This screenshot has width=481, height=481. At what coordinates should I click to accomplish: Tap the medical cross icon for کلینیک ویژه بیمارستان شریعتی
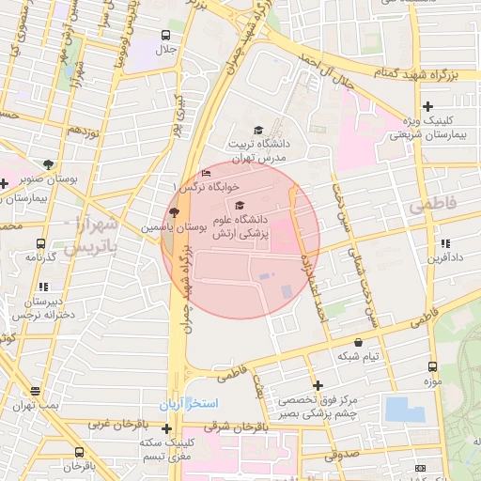[x=427, y=107]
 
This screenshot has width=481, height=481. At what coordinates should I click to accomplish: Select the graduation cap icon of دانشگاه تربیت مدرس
[x=258, y=131]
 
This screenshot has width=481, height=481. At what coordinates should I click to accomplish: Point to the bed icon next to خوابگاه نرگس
[x=207, y=173]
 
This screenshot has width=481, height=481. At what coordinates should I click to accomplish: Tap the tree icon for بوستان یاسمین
[x=173, y=212]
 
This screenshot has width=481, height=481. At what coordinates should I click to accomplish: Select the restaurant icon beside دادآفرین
[x=445, y=243]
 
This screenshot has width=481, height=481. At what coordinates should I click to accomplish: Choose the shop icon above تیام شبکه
[x=358, y=343]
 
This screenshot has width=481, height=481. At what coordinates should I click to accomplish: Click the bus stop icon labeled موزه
[x=432, y=367]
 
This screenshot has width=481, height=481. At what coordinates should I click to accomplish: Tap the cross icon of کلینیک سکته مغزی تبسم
[x=167, y=429]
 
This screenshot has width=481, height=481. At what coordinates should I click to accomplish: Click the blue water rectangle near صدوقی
[x=405, y=410]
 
